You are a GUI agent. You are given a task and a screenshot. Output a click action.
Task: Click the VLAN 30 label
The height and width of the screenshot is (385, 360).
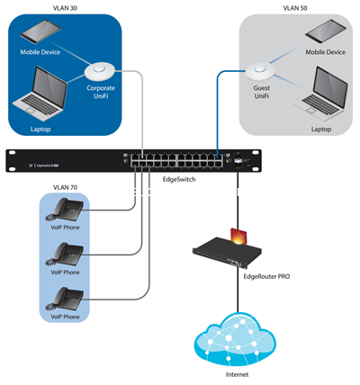(65, 8)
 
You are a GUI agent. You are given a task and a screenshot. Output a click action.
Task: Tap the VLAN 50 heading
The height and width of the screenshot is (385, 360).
(295, 8)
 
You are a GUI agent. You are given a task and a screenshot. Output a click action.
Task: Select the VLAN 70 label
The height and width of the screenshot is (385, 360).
(65, 188)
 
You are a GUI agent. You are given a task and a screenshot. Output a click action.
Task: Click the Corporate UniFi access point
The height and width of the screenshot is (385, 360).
(100, 71)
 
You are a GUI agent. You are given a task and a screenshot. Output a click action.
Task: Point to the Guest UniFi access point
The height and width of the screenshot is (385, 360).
(260, 71)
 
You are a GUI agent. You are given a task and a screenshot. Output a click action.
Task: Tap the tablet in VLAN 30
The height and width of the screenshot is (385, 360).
(40, 31)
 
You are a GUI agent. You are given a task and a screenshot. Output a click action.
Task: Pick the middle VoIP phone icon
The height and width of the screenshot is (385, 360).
(65, 255)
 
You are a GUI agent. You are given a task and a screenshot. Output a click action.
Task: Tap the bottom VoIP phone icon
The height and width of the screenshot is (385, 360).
(65, 300)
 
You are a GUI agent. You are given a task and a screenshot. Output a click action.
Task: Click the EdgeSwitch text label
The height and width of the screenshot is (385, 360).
(179, 180)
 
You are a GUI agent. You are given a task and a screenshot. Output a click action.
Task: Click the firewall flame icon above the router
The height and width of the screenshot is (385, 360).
(238, 237)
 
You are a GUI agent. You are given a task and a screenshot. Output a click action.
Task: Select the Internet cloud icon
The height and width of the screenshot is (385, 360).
(235, 339)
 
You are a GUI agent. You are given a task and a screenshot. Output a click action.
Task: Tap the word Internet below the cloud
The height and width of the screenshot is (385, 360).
(237, 374)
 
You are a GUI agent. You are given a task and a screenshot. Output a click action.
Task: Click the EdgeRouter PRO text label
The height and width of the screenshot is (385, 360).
(266, 276)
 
